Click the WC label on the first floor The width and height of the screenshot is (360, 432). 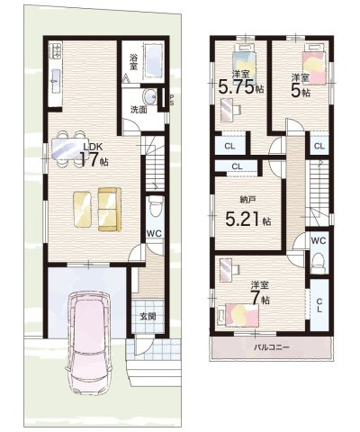click(x=154, y=232)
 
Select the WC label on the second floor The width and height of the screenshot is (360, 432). click(x=319, y=241)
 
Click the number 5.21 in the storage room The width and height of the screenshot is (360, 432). click(x=239, y=220)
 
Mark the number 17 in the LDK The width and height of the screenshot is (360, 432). click(x=88, y=160)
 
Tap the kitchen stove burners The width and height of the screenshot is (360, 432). click(x=56, y=51)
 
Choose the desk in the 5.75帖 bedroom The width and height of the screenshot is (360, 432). click(x=229, y=107)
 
